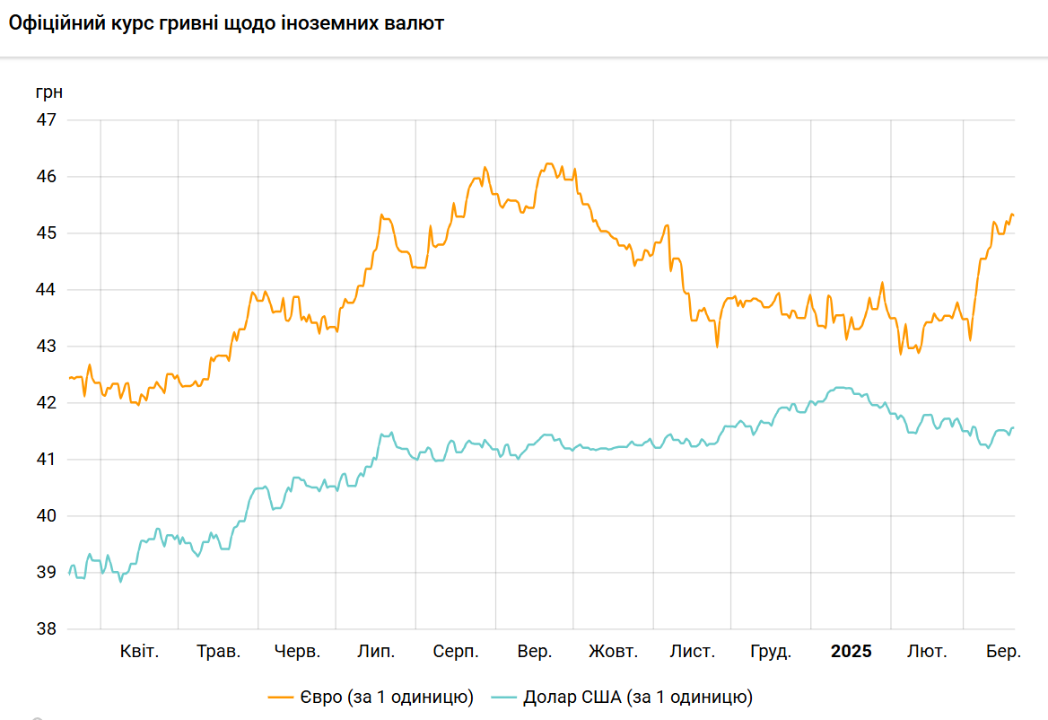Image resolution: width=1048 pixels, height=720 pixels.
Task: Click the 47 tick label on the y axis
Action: (46, 119)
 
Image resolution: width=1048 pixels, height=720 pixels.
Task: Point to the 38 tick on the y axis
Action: (46, 629)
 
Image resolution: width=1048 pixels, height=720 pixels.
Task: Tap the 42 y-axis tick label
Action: (46, 403)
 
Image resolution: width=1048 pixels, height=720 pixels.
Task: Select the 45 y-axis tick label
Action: (46, 233)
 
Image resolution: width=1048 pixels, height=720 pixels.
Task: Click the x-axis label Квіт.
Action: (139, 652)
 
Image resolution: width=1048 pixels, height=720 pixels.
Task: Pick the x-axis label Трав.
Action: (219, 652)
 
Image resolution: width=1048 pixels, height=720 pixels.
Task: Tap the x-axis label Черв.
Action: (297, 652)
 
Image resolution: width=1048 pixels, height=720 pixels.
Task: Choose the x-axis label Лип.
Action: (376, 652)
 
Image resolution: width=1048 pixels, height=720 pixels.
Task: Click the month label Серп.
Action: (456, 652)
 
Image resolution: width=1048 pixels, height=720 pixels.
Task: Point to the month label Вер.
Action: (535, 652)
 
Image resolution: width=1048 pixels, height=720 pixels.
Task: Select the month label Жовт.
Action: (614, 652)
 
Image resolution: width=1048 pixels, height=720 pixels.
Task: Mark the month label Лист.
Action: (693, 652)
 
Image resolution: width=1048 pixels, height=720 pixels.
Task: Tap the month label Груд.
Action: (771, 652)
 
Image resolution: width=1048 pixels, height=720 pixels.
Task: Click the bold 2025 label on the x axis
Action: (851, 652)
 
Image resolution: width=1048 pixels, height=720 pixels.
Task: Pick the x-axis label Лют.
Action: (927, 652)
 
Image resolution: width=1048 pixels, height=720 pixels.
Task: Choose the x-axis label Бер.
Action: (1003, 652)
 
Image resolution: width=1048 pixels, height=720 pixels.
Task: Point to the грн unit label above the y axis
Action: (49, 93)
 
